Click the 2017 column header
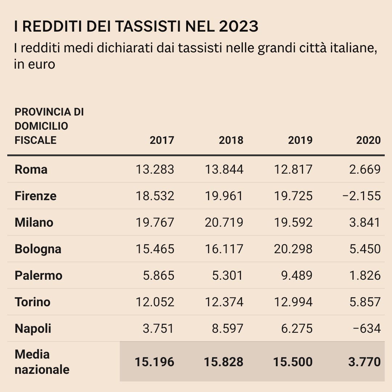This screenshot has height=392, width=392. point(162,140)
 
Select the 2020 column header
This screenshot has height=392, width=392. point(368,140)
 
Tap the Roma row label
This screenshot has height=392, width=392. point(31,169)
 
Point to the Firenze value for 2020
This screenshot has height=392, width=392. point(362,196)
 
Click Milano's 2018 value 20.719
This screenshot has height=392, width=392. point(224,222)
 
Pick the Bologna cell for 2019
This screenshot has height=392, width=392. point(293,249)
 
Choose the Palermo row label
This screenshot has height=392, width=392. point(38,275)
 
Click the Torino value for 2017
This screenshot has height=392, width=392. point(155,302)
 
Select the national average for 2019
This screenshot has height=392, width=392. point(293,362)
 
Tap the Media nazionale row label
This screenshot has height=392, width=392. point(42,362)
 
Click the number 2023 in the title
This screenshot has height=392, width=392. point(239,27)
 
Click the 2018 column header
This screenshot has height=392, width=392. point(231,140)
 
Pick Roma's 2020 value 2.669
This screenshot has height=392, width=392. point(365,169)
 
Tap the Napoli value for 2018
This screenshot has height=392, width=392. point(228,328)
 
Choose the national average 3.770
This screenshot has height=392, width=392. point(365,362)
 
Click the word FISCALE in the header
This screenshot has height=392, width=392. point(36,140)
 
